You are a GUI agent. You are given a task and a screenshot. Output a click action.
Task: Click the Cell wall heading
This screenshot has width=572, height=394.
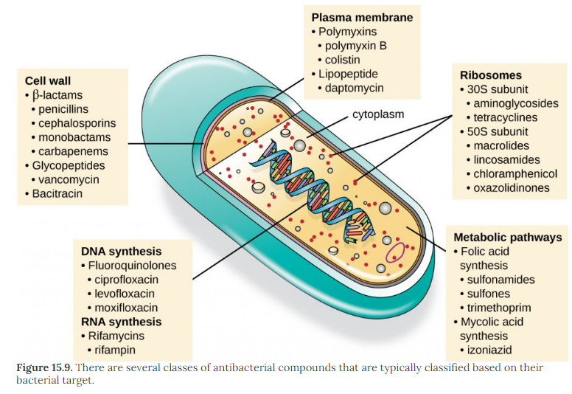click(48, 80)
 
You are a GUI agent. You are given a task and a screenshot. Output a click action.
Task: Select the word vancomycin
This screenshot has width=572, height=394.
click(71, 179)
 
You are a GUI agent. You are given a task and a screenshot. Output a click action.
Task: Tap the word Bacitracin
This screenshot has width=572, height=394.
click(57, 193)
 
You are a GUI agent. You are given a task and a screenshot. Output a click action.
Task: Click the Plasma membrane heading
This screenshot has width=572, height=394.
click(362, 17)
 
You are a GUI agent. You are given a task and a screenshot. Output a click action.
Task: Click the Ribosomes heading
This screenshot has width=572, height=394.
click(491, 75)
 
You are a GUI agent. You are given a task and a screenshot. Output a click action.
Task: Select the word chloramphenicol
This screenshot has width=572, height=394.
click(517, 174)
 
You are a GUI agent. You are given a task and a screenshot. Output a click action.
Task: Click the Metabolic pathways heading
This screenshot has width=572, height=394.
click(508, 238)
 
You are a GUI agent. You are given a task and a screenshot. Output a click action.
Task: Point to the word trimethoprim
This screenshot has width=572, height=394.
click(499, 308)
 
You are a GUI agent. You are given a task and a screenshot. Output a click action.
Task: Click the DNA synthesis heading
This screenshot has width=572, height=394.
click(121, 252)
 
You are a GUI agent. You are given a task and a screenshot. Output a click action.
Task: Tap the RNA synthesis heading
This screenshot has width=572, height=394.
click(121, 322)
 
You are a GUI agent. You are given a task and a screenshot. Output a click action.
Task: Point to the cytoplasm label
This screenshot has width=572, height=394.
click(378, 115)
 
